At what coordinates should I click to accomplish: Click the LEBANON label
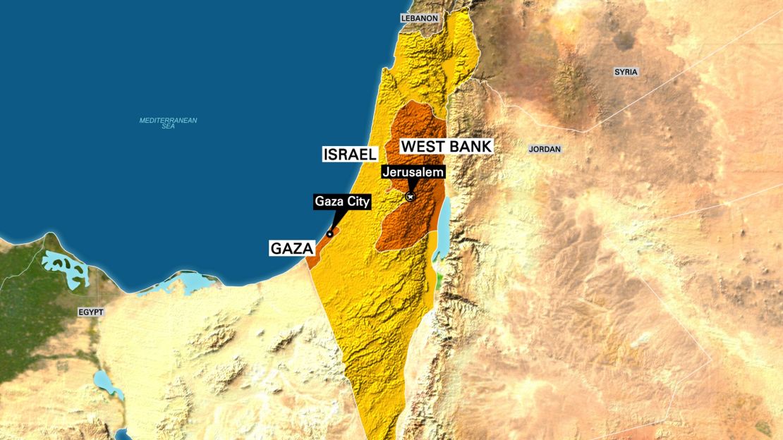tap(420, 18)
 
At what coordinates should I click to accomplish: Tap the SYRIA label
tap(626, 72)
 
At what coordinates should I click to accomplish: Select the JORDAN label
tap(545, 149)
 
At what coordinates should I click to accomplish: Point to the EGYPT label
tap(91, 312)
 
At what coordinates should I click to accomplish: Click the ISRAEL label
tap(351, 154)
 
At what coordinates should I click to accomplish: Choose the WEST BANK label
tap(446, 146)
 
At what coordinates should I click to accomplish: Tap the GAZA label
tap(291, 248)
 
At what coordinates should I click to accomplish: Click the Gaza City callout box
tap(342, 202)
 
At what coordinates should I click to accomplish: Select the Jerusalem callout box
tap(413, 171)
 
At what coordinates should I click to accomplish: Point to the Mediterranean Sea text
tap(168, 123)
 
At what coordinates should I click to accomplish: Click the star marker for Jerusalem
tap(410, 197)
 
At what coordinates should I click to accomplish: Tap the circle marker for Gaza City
tap(329, 234)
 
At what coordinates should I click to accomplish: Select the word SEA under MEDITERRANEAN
tap(168, 127)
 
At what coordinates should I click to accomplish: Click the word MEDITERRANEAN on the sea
tap(168, 120)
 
